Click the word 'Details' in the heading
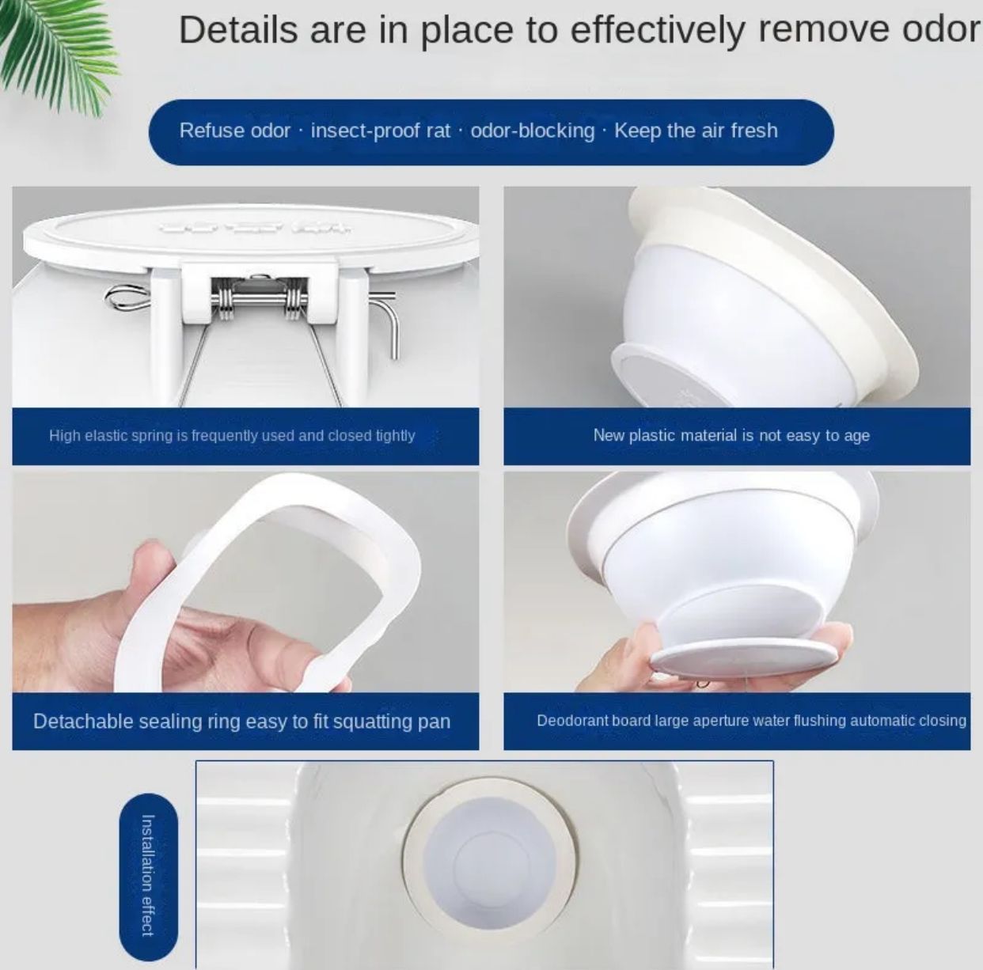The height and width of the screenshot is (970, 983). tap(238, 30)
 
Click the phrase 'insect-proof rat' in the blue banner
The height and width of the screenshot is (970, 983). tap(380, 131)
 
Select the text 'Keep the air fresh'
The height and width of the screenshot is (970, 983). tap(696, 131)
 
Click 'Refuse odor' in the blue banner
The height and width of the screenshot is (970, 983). tap(234, 131)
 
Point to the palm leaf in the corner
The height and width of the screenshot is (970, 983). tap(55, 47)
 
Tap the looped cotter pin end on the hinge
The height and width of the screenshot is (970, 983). tap(123, 297)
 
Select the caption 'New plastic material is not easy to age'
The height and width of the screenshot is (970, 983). tap(731, 435)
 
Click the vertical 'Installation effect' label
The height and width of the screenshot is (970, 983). tap(147, 875)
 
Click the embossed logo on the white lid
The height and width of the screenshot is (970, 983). tap(253, 227)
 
